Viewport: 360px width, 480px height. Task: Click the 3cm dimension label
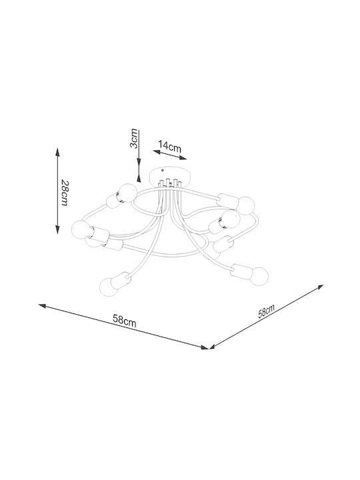tap(134, 139)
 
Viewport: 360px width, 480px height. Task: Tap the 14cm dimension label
tap(170, 146)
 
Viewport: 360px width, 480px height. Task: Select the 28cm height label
tap(65, 192)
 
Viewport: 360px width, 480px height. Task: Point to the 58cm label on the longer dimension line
tap(125, 321)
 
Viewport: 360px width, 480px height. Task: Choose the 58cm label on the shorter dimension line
tap(266, 311)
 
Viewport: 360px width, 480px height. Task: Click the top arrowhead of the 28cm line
tap(57, 152)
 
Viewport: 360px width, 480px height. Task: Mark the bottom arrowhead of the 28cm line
tap(57, 230)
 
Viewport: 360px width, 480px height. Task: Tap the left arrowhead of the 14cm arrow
tap(157, 151)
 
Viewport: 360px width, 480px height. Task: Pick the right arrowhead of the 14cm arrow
tap(183, 157)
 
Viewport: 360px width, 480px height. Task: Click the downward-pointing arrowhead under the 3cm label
tap(139, 163)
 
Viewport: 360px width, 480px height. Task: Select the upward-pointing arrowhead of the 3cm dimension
tap(139, 178)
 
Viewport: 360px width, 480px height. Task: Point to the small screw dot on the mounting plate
tap(163, 171)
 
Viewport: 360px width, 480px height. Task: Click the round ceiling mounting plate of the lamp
tap(169, 176)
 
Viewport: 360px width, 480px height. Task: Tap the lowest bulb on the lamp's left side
tap(109, 287)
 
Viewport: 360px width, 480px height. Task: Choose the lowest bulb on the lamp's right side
tap(259, 276)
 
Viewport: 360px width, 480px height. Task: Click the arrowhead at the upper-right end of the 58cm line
tap(320, 287)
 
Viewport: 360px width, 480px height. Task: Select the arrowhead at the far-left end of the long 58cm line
tap(42, 305)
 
